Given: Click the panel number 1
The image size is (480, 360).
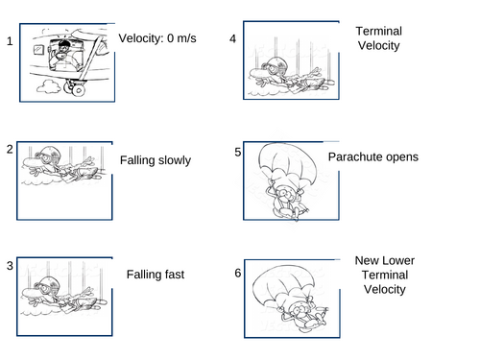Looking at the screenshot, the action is coord(10,41).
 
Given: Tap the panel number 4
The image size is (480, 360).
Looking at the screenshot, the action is coord(233,39).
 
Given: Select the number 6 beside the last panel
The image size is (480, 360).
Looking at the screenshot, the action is coord(238,273).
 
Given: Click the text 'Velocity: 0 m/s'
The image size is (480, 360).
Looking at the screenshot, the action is coord(157,38).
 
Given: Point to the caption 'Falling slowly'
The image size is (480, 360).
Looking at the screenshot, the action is coord(156,160).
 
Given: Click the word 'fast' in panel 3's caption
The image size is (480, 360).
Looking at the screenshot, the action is coord(175,275).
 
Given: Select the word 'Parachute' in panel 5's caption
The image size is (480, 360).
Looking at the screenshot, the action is coord(353,156).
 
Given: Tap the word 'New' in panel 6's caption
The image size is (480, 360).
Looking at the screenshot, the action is coord(366,260).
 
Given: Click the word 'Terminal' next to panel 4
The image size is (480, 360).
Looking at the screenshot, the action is coord(379,31).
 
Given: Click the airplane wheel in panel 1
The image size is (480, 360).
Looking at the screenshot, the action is coord(78,89).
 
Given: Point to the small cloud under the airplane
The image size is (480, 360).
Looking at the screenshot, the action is coord(48,86).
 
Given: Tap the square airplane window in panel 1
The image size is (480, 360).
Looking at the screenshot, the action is coord(38,49).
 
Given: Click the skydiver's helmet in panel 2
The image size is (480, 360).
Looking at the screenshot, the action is coord(49,154).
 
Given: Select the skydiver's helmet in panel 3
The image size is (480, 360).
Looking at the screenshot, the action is coord(49,284).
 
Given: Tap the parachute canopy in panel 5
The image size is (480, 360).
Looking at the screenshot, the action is coord(287,161).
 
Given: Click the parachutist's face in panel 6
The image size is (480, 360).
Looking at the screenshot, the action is coord(300,309).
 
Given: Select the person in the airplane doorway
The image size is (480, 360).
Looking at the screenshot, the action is coord(64,56).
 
